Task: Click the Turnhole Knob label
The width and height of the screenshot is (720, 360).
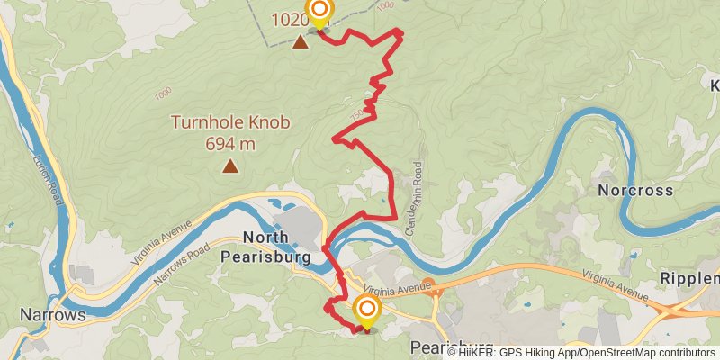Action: coord(231,122)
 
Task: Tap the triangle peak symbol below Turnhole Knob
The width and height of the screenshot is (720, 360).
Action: coord(231,166)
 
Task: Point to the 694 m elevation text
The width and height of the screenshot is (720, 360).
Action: coord(231,143)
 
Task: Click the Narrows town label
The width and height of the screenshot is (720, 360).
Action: coord(52,315)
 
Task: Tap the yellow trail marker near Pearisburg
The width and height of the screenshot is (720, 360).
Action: coord(367,311)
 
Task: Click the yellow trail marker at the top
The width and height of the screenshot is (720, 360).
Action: coord(319,13)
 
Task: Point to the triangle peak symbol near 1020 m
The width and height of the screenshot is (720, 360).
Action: coord(300,40)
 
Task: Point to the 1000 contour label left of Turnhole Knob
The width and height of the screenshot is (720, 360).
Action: coord(163,94)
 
